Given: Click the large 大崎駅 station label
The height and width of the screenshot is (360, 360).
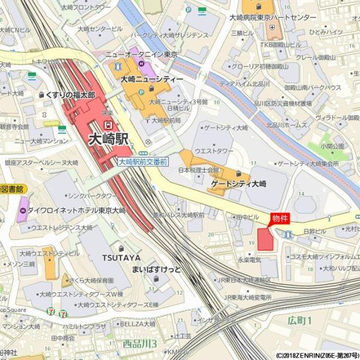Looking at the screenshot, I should click(x=109, y=139).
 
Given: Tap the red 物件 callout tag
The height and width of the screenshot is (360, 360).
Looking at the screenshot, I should click(x=280, y=218).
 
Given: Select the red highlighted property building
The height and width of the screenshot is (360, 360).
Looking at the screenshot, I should click(x=265, y=239).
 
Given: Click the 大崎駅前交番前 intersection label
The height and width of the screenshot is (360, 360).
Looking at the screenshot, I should click(x=142, y=162).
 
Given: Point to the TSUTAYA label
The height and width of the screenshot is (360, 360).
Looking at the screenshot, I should click(x=121, y=257).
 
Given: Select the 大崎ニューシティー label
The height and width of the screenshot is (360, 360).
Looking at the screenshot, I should click(x=152, y=79).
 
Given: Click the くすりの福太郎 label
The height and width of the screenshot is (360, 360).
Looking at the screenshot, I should click(x=71, y=95).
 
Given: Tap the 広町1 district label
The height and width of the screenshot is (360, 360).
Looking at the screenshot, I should click(x=299, y=321).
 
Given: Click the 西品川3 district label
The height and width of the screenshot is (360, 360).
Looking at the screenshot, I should click(x=140, y=344).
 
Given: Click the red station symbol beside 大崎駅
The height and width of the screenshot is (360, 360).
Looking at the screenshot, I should click(x=108, y=124).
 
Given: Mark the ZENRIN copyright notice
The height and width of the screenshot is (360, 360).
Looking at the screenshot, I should click(x=317, y=355).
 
